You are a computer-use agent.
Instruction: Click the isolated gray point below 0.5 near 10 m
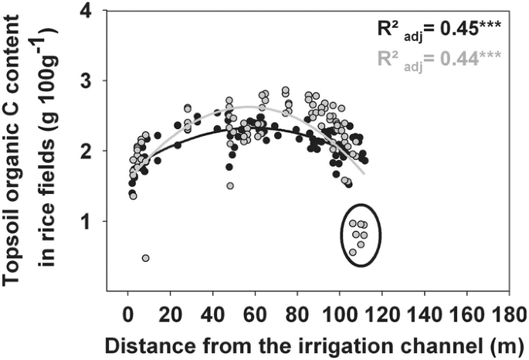point(145,258)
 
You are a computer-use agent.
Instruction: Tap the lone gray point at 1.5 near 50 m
point(230,186)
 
